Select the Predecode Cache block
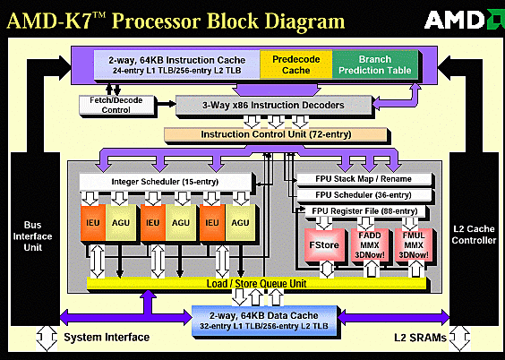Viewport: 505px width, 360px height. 295,64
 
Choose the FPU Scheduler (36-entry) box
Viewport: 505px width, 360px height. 366,194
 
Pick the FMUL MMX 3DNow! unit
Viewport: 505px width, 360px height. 415,243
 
